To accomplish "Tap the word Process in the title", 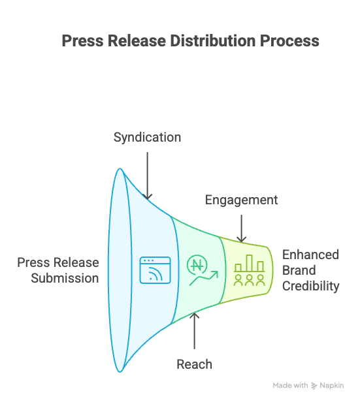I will tap(290, 40).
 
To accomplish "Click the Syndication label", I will tap(147, 138).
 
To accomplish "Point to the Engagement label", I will tap(241, 200).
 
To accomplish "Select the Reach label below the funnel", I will tap(195, 364).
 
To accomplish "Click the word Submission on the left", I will tap(65, 278).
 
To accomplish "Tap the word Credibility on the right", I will tap(310, 286).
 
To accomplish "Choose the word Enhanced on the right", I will tap(310, 255).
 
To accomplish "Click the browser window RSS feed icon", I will tap(155, 270).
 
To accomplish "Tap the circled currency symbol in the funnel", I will tap(195, 264).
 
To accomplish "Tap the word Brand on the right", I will tap(299, 270).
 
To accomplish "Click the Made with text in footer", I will tap(290, 386).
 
